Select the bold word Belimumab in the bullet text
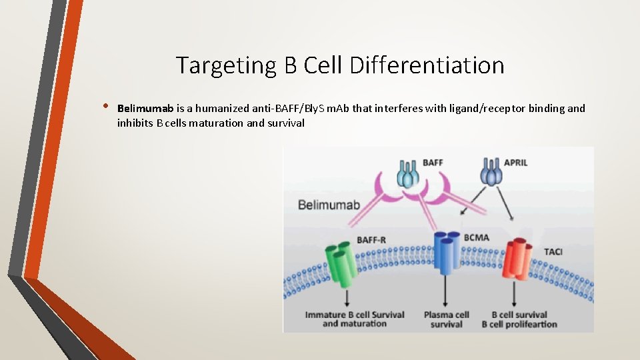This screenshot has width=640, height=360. [x=145, y=108]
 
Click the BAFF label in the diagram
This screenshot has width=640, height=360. [x=433, y=162]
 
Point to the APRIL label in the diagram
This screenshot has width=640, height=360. [x=515, y=162]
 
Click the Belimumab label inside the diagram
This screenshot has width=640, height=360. [x=329, y=204]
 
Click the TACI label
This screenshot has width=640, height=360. [x=553, y=251]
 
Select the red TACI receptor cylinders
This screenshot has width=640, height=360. [x=518, y=263]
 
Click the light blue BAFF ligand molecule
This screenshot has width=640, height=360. [x=408, y=174]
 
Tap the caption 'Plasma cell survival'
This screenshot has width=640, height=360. [x=447, y=319]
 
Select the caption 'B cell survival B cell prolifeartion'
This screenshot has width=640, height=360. [x=519, y=319]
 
